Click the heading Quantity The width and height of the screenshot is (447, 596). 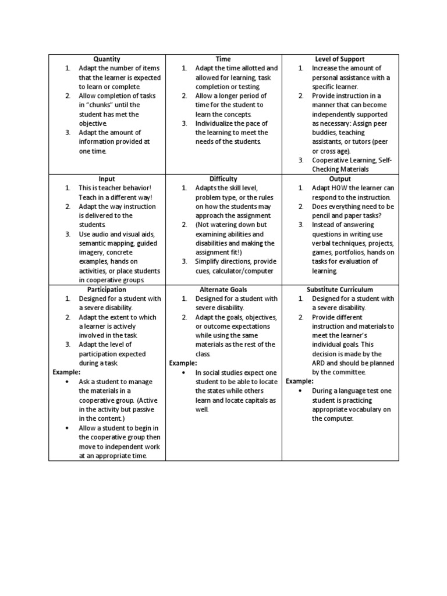pyautogui.click(x=107, y=59)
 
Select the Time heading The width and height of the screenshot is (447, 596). pyautogui.click(x=223, y=59)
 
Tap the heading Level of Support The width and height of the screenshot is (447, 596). pyautogui.click(x=340, y=59)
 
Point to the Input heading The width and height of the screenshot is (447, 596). pyautogui.click(x=107, y=179)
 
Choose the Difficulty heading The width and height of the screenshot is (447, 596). pyautogui.click(x=223, y=179)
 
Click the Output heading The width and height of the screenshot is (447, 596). pyautogui.click(x=340, y=179)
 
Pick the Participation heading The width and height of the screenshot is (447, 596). pyautogui.click(x=107, y=289)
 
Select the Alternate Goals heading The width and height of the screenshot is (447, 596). pyautogui.click(x=223, y=289)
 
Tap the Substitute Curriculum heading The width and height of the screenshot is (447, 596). pyautogui.click(x=340, y=289)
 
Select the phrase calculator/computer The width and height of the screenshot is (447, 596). pyautogui.click(x=244, y=271)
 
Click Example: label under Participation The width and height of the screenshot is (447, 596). pyautogui.click(x=66, y=372)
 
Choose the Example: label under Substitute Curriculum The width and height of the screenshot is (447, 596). pyautogui.click(x=299, y=381)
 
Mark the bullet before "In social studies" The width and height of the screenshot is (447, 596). pyautogui.click(x=183, y=372)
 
